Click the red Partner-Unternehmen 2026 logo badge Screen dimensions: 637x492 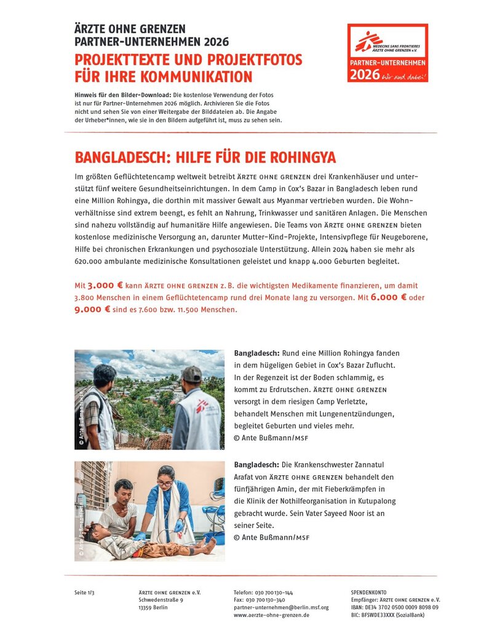point(387,54)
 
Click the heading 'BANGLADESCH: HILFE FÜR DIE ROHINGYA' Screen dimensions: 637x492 point(205,157)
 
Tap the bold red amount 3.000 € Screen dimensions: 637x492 point(106,286)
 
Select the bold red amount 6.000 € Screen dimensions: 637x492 point(389,298)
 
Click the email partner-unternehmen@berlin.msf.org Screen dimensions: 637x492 point(281,607)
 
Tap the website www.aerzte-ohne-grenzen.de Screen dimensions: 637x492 point(271,615)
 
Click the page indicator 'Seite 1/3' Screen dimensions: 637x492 point(84,593)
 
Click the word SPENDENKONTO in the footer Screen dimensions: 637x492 point(368,593)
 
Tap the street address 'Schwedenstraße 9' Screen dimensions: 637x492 point(161,600)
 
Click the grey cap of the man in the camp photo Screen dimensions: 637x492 point(192,373)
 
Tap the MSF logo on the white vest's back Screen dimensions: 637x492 point(202,407)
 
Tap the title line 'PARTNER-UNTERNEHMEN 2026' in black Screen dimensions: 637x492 point(151,42)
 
